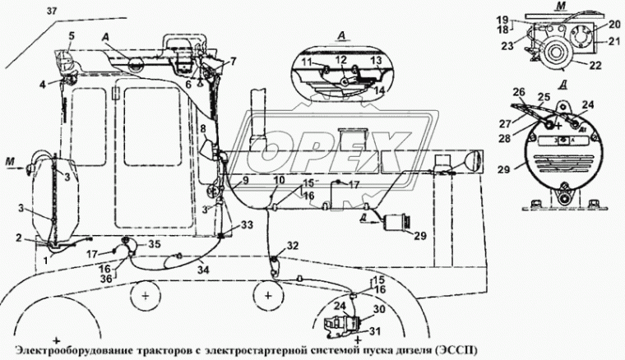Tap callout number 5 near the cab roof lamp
[72, 35]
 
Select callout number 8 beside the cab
[202, 129]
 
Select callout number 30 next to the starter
[378, 309]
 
